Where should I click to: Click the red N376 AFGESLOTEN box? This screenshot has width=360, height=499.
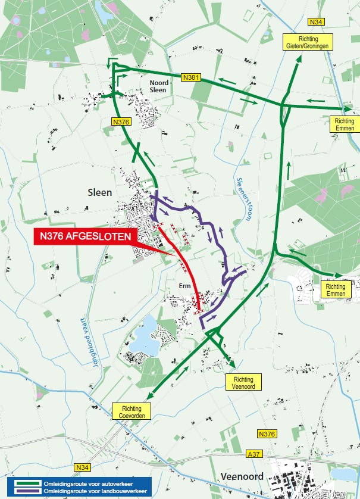(x=86, y=236)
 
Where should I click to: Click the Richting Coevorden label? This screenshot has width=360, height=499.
(x=132, y=411)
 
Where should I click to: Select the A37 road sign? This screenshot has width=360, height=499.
(x=253, y=454)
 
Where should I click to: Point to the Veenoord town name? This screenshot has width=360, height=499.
(x=242, y=476)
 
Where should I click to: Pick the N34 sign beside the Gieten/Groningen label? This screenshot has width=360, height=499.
(x=316, y=22)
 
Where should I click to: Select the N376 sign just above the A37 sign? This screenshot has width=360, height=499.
(x=267, y=434)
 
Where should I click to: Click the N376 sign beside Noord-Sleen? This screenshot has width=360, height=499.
(x=120, y=121)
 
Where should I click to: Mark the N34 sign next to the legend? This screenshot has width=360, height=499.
(x=83, y=467)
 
